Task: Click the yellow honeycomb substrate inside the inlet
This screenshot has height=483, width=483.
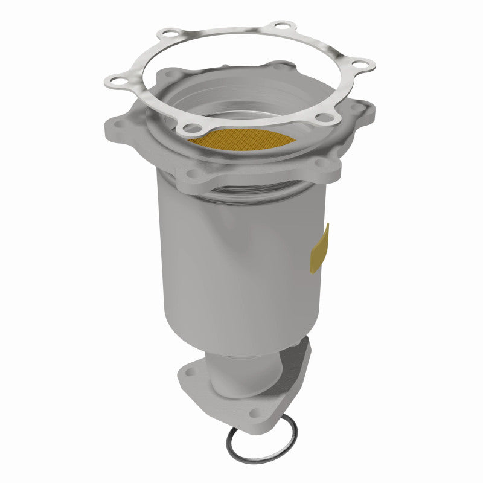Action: (241, 141)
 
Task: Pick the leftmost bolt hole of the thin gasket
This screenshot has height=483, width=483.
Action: (112, 78)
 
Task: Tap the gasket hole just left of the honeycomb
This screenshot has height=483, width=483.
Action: (192, 127)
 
